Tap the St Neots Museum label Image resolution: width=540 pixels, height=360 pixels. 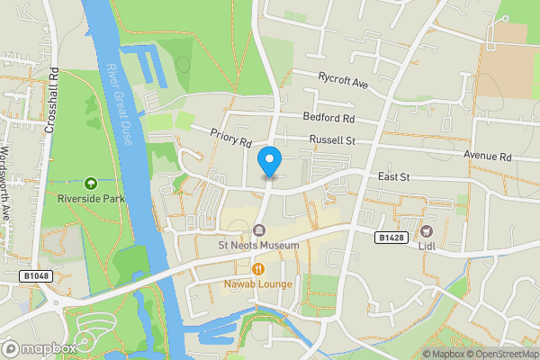259,246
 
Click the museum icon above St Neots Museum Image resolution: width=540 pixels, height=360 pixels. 259,230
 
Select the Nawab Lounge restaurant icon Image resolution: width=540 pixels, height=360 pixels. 259,268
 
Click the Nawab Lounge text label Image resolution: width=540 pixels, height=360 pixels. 259,284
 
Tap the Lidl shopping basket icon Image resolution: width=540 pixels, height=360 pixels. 426,230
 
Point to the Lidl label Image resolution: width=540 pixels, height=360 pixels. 426,245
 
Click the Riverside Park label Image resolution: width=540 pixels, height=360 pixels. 89,199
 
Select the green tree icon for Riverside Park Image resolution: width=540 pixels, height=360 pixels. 89,184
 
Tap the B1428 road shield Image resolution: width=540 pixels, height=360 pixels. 390,236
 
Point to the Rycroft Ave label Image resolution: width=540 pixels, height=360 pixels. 344,81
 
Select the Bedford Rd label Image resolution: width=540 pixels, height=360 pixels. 328,118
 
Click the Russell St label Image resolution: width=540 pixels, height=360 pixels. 333,140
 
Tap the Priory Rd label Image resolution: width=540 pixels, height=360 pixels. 230,139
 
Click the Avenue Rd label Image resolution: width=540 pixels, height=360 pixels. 488,156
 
